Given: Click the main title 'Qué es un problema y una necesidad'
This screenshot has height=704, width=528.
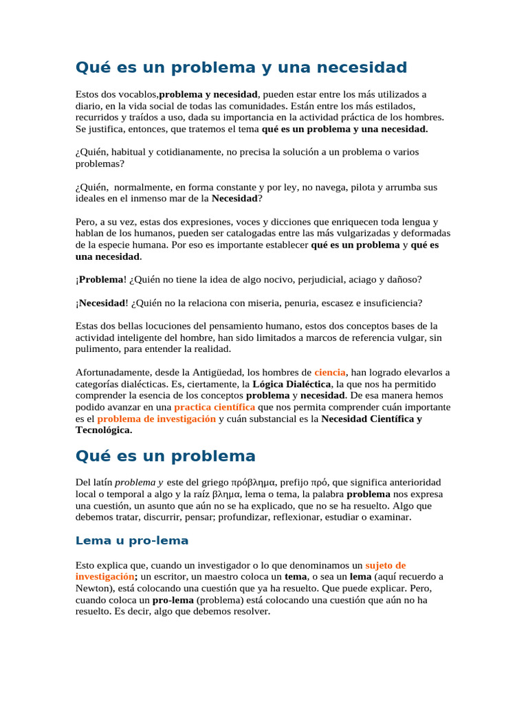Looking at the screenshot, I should [x=241, y=67].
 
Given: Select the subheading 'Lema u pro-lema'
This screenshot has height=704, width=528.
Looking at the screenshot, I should [x=131, y=540].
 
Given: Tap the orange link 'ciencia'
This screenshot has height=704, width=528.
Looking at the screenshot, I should [x=330, y=373].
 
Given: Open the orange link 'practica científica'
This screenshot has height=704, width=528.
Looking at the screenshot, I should [x=214, y=407].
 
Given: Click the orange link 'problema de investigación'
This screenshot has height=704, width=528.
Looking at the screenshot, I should [x=156, y=419].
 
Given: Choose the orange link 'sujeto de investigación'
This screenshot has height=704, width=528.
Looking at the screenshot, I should [x=385, y=565].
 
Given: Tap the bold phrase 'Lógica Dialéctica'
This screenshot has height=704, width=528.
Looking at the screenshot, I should [x=292, y=384].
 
